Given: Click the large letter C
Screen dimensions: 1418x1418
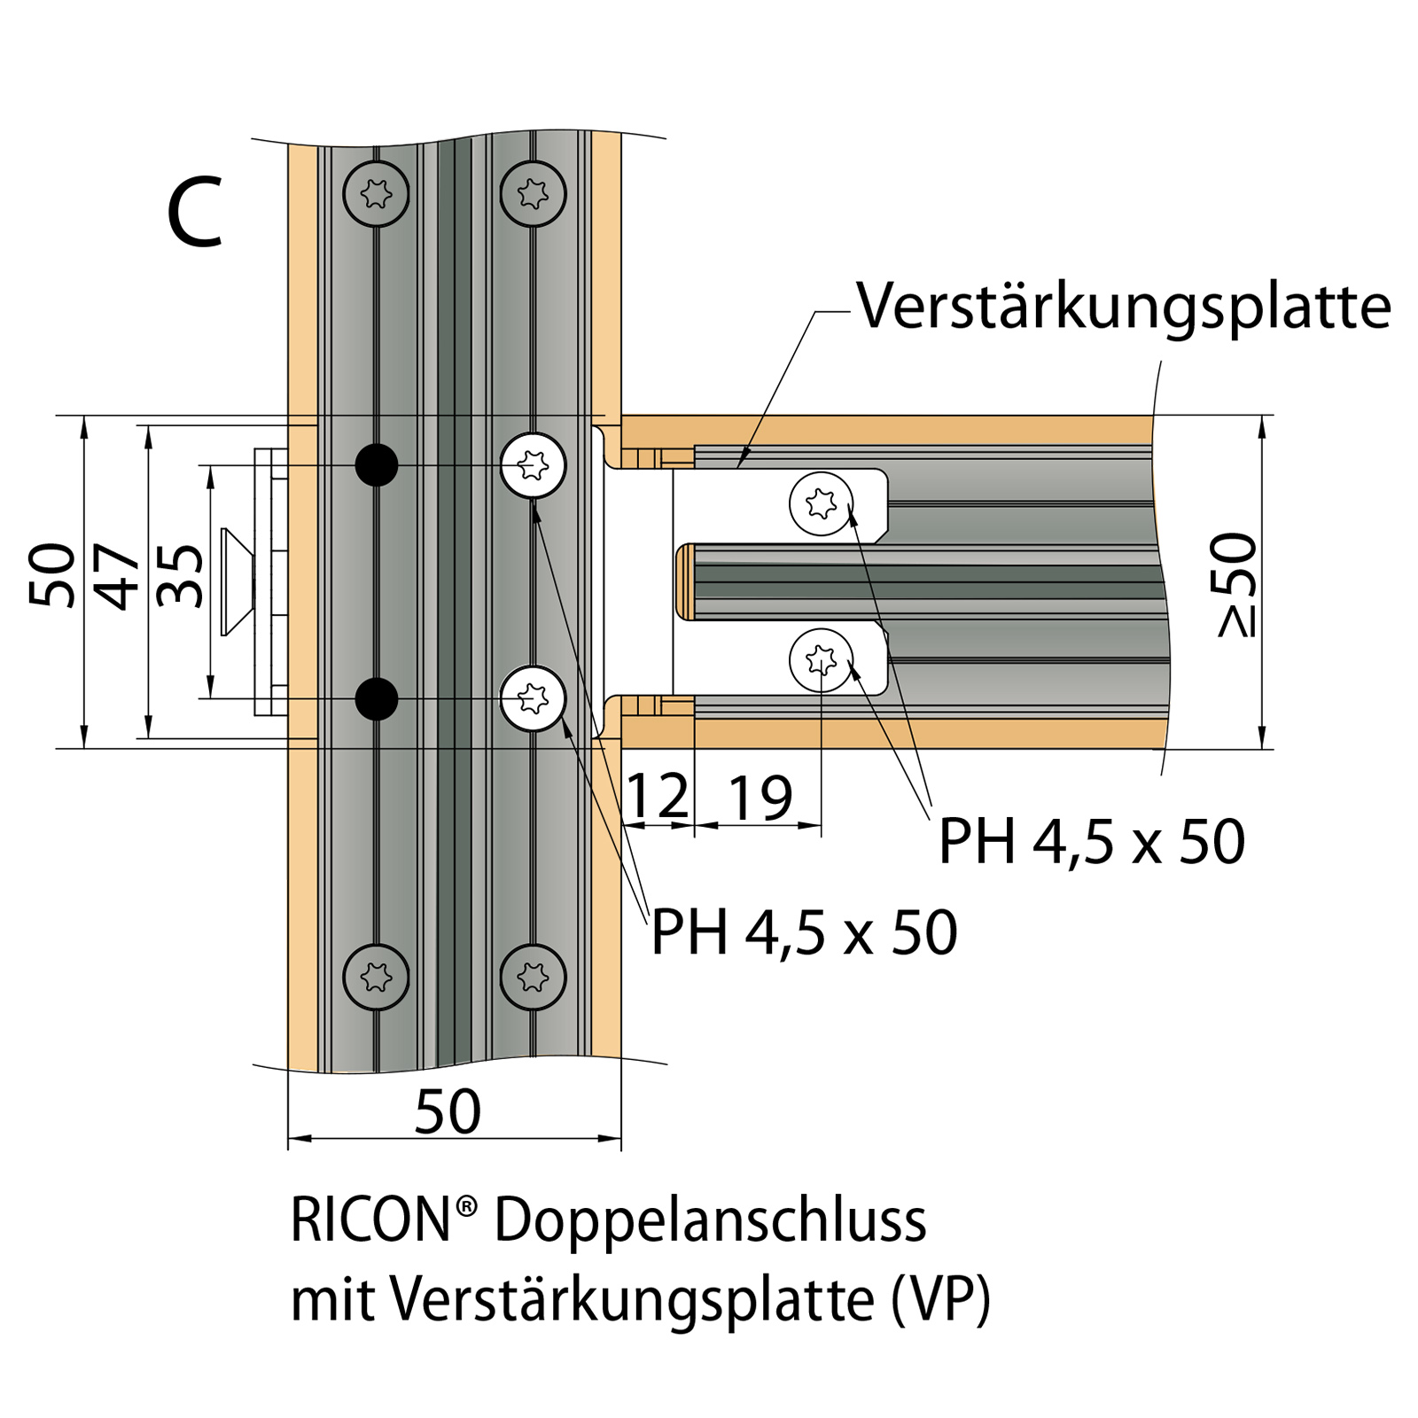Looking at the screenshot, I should (x=195, y=213).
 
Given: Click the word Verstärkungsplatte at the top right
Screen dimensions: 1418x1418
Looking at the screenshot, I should (x=1124, y=308).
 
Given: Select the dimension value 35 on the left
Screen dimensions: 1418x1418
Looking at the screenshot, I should (x=181, y=576).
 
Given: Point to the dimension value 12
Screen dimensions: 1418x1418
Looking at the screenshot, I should (x=657, y=796).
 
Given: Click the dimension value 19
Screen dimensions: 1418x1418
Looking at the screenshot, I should (x=760, y=798).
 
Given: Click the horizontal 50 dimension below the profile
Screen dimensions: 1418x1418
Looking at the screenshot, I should (x=448, y=1111).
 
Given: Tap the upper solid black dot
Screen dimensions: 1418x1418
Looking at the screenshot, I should (x=377, y=464).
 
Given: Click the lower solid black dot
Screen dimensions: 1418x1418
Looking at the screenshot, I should (x=377, y=698).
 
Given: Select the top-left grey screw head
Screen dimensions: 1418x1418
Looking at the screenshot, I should (x=377, y=193).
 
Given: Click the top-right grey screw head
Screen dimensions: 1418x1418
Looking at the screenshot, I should (x=533, y=193).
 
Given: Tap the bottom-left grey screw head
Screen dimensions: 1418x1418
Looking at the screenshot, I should (x=377, y=978).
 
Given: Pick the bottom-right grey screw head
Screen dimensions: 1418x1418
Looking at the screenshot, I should (x=533, y=978).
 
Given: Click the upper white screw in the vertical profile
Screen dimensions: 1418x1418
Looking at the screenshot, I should (x=533, y=464).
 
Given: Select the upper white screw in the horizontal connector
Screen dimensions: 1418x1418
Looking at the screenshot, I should (x=822, y=503).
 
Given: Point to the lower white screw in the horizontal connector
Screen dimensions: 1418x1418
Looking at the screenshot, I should (x=822, y=659).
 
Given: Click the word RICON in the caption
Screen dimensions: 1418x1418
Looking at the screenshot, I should (x=372, y=1221).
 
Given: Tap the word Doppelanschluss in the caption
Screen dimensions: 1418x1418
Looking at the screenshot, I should (x=710, y=1221).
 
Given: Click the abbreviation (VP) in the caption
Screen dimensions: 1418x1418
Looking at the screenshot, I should (x=941, y=1301).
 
